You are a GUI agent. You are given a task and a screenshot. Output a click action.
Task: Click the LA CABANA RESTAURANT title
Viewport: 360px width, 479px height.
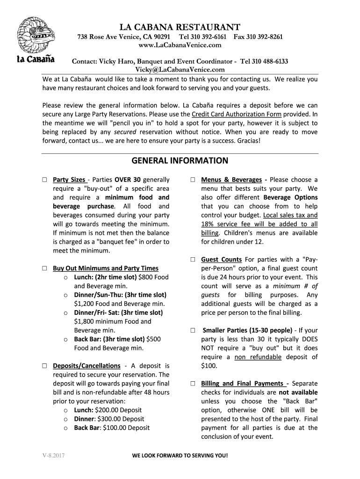(180, 27)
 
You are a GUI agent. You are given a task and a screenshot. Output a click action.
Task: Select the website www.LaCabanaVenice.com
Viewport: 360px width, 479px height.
(180, 45)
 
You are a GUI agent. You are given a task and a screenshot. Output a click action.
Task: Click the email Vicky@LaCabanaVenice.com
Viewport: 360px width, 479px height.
(180, 70)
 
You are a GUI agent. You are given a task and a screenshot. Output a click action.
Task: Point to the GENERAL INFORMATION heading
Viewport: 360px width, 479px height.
(180, 161)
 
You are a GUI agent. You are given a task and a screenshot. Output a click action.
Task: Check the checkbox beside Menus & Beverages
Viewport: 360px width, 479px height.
(193, 180)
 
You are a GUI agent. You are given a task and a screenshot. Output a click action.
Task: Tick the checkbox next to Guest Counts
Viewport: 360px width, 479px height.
(193, 260)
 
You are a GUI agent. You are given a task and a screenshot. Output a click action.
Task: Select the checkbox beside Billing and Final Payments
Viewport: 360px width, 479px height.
(193, 384)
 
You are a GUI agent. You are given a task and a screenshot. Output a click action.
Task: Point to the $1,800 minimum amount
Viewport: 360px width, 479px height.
(84, 321)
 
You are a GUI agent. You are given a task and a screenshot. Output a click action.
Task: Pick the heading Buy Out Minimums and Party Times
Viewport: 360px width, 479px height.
(106, 269)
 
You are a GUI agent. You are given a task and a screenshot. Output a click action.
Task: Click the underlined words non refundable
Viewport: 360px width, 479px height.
(258, 357)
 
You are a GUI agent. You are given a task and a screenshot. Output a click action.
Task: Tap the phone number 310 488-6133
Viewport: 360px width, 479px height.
(270, 62)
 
